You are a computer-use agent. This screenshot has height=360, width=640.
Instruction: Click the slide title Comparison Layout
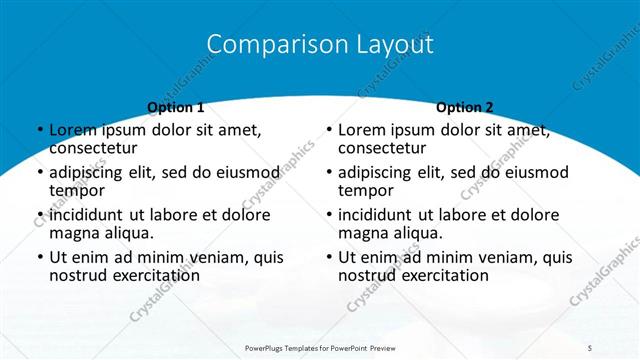pyautogui.click(x=320, y=45)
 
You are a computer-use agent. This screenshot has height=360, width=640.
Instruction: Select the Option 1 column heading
pyautogui.click(x=176, y=107)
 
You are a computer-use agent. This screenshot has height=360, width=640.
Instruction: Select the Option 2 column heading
pyautogui.click(x=465, y=107)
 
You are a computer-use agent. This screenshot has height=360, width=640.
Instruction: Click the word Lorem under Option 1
pyautogui.click(x=73, y=130)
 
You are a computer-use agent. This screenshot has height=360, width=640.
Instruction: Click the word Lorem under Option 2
pyautogui.click(x=362, y=130)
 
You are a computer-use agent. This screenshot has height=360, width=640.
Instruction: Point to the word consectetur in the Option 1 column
pyautogui.click(x=92, y=149)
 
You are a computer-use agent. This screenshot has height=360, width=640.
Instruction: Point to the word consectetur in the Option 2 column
pyautogui.click(x=381, y=149)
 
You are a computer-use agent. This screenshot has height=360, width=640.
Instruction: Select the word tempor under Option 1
pyautogui.click(x=77, y=191)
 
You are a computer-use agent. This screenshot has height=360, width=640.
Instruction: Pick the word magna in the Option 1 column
pyautogui.click(x=73, y=234)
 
